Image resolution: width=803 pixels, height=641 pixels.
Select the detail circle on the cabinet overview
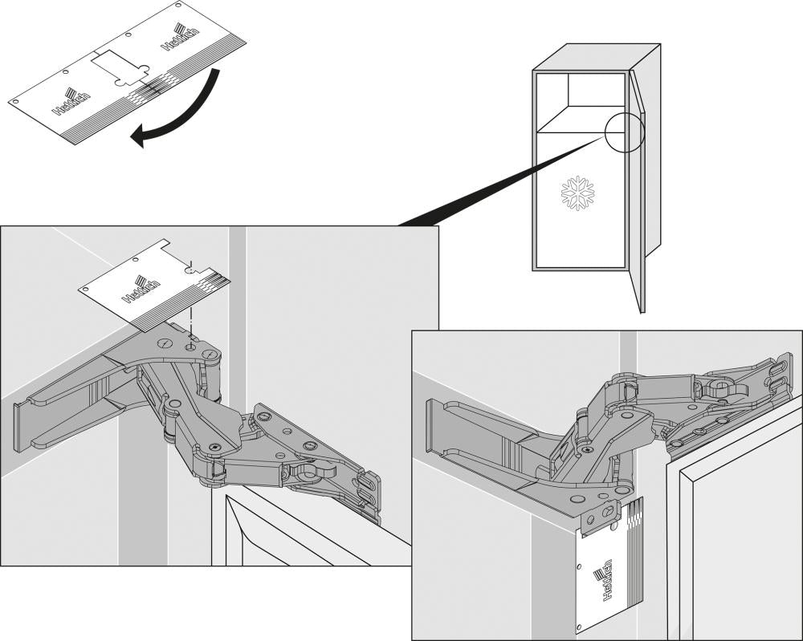pos(625,132)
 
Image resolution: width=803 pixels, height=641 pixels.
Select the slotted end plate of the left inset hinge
pos(369,497)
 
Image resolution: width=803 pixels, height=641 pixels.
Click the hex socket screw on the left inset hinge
pos(214,448)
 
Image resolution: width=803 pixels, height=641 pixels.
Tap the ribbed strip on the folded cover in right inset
pos(634,554)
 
